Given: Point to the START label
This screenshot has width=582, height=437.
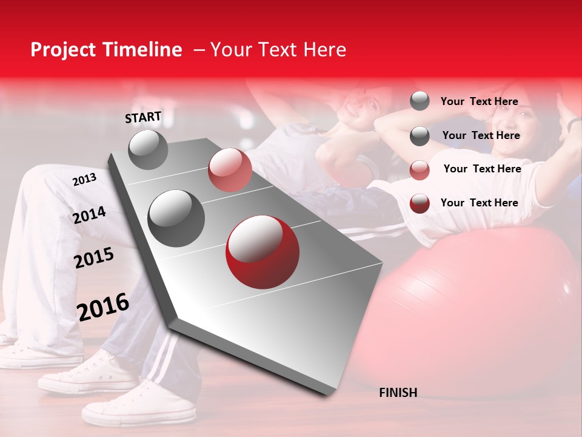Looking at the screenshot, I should [143, 117].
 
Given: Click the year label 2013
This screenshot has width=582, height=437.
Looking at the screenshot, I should [84, 180].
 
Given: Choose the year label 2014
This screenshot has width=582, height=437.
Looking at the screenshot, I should [90, 215].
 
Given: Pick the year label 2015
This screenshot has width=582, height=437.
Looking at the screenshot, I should [94, 258].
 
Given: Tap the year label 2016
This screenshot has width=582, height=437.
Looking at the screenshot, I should [103, 307].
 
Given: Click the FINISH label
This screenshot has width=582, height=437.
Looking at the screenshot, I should [398, 393].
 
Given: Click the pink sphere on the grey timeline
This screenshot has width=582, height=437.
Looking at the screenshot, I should [230, 169].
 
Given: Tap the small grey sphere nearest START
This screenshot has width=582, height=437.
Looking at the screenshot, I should [149, 149].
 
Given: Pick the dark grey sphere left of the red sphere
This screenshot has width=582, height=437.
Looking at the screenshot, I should [176, 218].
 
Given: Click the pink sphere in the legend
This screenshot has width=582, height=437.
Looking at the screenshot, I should [420, 170].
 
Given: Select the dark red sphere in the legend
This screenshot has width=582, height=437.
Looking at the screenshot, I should [420, 203].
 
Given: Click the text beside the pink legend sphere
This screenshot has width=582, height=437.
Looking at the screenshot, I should [482, 169].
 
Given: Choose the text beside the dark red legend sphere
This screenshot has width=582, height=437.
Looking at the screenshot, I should [479, 203].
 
